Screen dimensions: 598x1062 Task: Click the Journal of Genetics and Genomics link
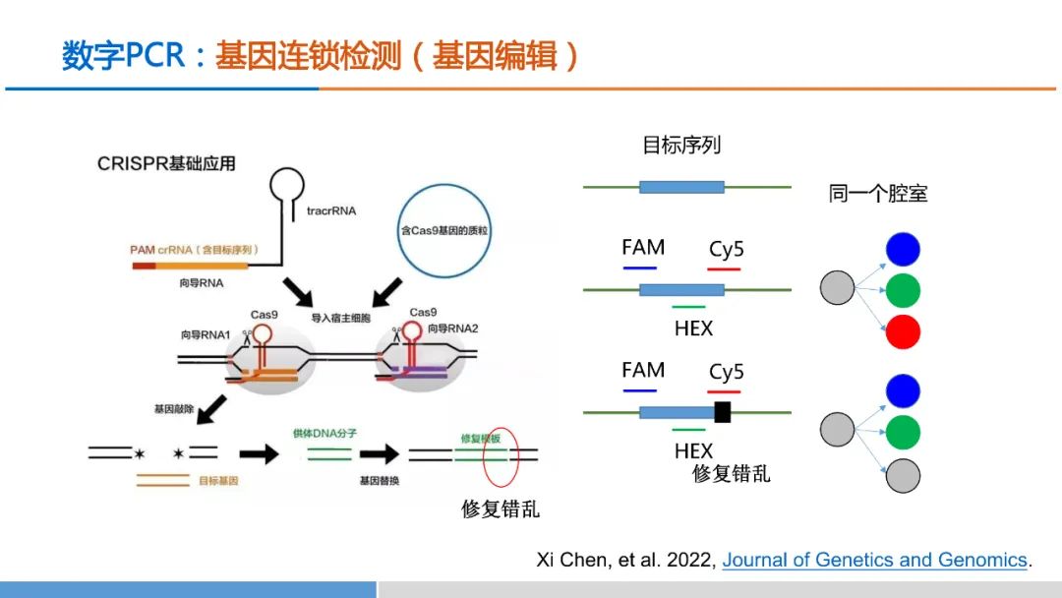[x=875, y=560]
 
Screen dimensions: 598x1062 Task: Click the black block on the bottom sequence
[x=722, y=411]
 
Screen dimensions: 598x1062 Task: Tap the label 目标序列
[x=681, y=146]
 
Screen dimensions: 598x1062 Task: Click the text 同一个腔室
[x=878, y=194]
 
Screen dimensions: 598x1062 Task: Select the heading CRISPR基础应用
[x=166, y=163]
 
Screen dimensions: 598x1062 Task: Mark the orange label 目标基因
[x=218, y=482]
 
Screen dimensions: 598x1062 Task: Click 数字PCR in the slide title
[x=123, y=55]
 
